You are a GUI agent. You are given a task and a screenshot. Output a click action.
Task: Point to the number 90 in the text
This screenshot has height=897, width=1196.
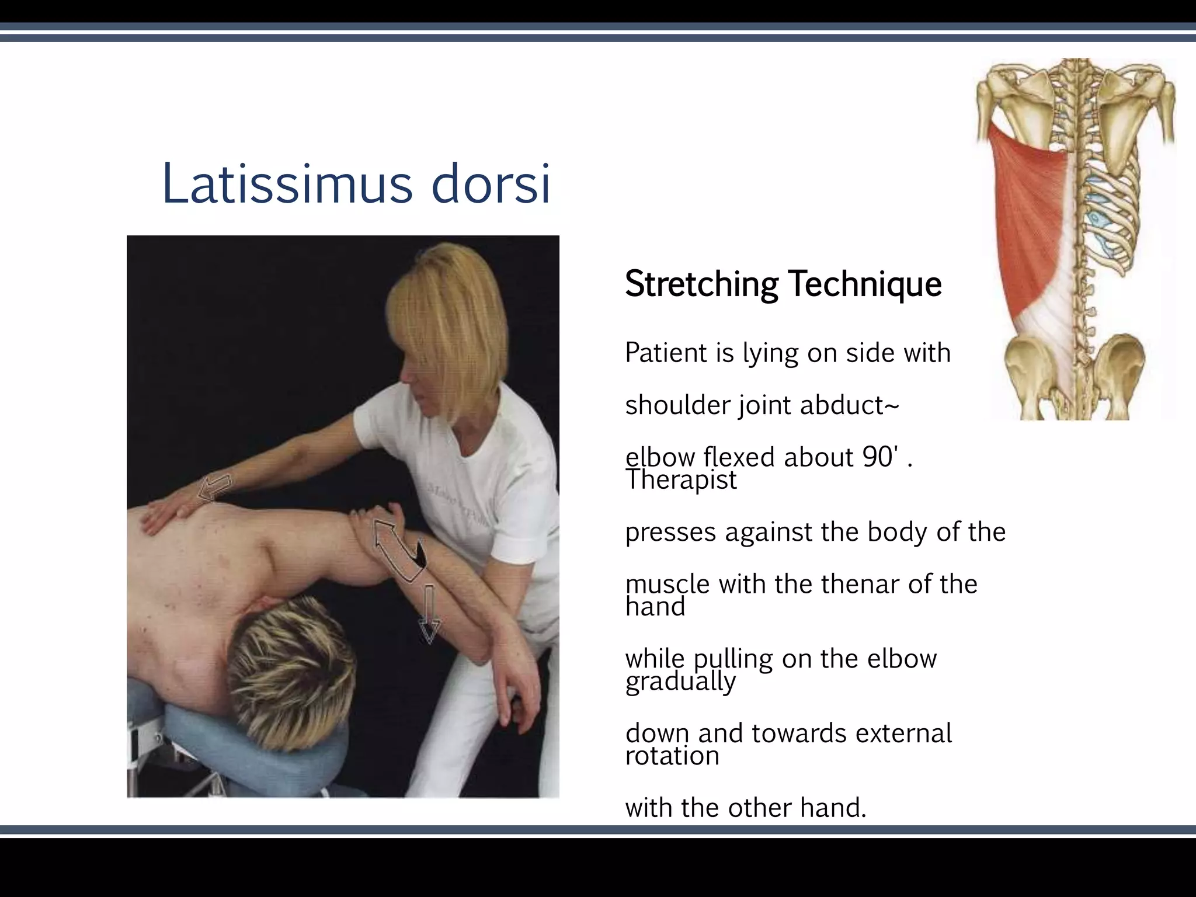pos(878,457)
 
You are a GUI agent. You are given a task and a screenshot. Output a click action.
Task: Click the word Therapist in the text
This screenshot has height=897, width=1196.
pos(681,480)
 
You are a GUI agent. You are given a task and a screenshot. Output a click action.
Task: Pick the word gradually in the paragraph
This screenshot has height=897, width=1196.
pos(680,682)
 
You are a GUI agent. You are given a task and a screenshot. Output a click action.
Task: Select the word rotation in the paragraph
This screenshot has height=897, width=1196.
pos(672,756)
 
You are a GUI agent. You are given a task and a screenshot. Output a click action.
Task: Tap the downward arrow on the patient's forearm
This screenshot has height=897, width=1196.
pos(429,616)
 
